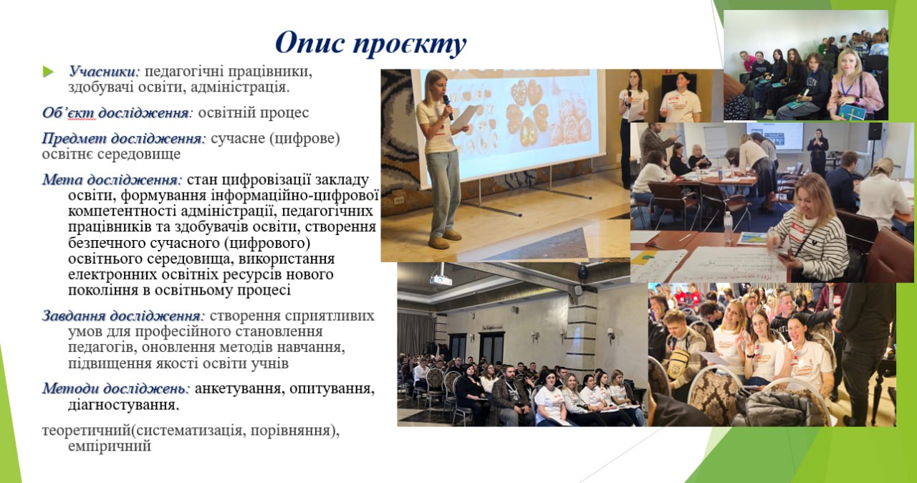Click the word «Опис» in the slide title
[310, 42]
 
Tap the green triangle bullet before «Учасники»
[48, 72]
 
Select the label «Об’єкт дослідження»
[116, 113]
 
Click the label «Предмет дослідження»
[123, 138]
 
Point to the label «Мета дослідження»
[111, 180]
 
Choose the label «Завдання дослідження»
[123, 315]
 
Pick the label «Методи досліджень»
[116, 388]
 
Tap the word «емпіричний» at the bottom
[110, 446]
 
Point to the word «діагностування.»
[124, 405]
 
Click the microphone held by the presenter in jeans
[448, 107]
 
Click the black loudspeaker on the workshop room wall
[875, 131]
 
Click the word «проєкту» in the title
[409, 43]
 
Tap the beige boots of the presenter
[445, 239]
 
